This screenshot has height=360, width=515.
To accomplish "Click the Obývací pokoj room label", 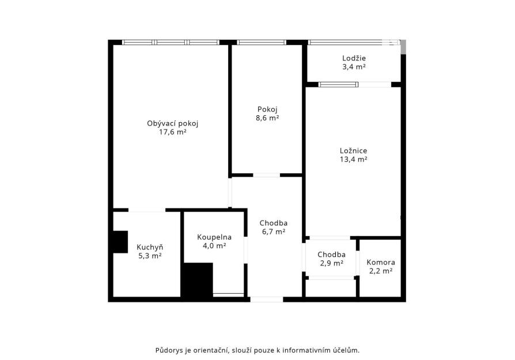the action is pos(173,123).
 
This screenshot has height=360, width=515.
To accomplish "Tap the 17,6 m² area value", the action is pos(173,132).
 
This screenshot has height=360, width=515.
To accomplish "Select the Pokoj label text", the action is pos(267,109).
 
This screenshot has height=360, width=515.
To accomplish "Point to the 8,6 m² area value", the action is pos(267,118).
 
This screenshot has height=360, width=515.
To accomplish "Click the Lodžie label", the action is pos(354,58).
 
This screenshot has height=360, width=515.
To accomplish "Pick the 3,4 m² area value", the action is pos(354,67).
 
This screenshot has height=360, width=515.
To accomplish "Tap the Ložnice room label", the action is pos(353,151).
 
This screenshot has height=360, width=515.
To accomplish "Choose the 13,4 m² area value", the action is pos(353,160).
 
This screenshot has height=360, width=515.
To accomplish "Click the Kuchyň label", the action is pos(150,247).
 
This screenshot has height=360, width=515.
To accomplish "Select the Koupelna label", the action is pos(214,237).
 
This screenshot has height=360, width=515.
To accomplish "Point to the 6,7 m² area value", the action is pos(273,232).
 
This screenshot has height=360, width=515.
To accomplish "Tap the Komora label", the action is pos(381,263).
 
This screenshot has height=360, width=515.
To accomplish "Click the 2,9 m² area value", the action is pos(331,263).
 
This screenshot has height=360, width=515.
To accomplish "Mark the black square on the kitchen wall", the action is pos(120,242).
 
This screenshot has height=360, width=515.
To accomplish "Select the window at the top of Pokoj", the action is pos(262,43).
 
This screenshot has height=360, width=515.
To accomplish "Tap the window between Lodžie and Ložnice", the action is pos(338,85).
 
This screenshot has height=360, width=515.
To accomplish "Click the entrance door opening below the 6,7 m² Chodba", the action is pos(266,300).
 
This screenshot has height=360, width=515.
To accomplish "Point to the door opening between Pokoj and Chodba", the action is pos(266,175).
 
